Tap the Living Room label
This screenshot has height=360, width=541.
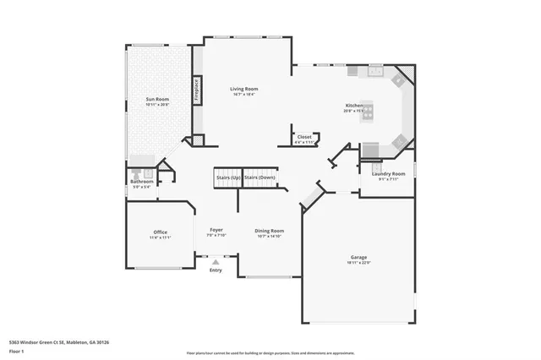[245, 88]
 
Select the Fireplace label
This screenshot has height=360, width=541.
[197, 89]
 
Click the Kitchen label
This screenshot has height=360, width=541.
[354, 106]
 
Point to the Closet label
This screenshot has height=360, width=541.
[304, 137]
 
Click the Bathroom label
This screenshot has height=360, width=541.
[141, 181]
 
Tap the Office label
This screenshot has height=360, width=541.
[160, 232]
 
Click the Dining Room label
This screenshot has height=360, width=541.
[270, 230]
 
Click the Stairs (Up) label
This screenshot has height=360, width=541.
[229, 178]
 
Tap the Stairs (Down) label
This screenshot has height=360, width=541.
[260, 178]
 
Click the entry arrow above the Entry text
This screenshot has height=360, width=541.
[216, 262]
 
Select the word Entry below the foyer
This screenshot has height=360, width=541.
[216, 270]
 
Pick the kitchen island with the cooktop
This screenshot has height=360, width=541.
[367, 112]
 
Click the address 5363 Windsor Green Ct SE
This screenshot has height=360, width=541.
[42, 342]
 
